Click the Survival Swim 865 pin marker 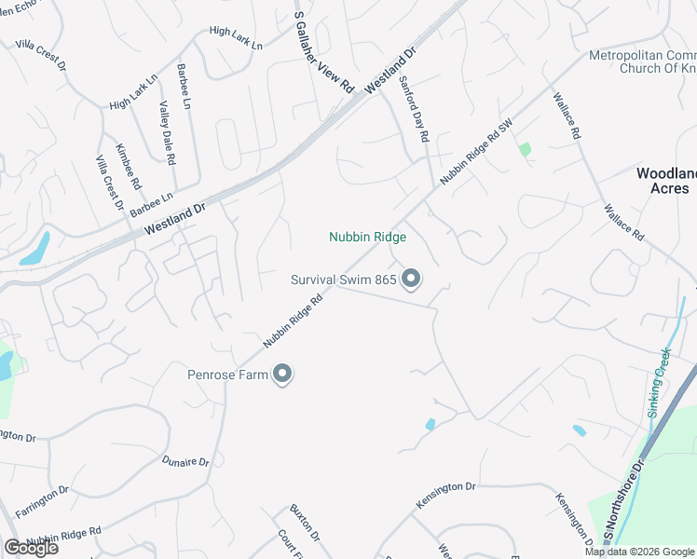[411, 279]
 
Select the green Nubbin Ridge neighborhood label [367, 238]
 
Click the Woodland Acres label [665, 181]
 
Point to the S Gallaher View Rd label [323, 51]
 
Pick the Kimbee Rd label [128, 167]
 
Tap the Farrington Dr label [42, 488]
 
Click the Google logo [31, 548]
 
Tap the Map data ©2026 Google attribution [639, 552]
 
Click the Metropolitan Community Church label [643, 61]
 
